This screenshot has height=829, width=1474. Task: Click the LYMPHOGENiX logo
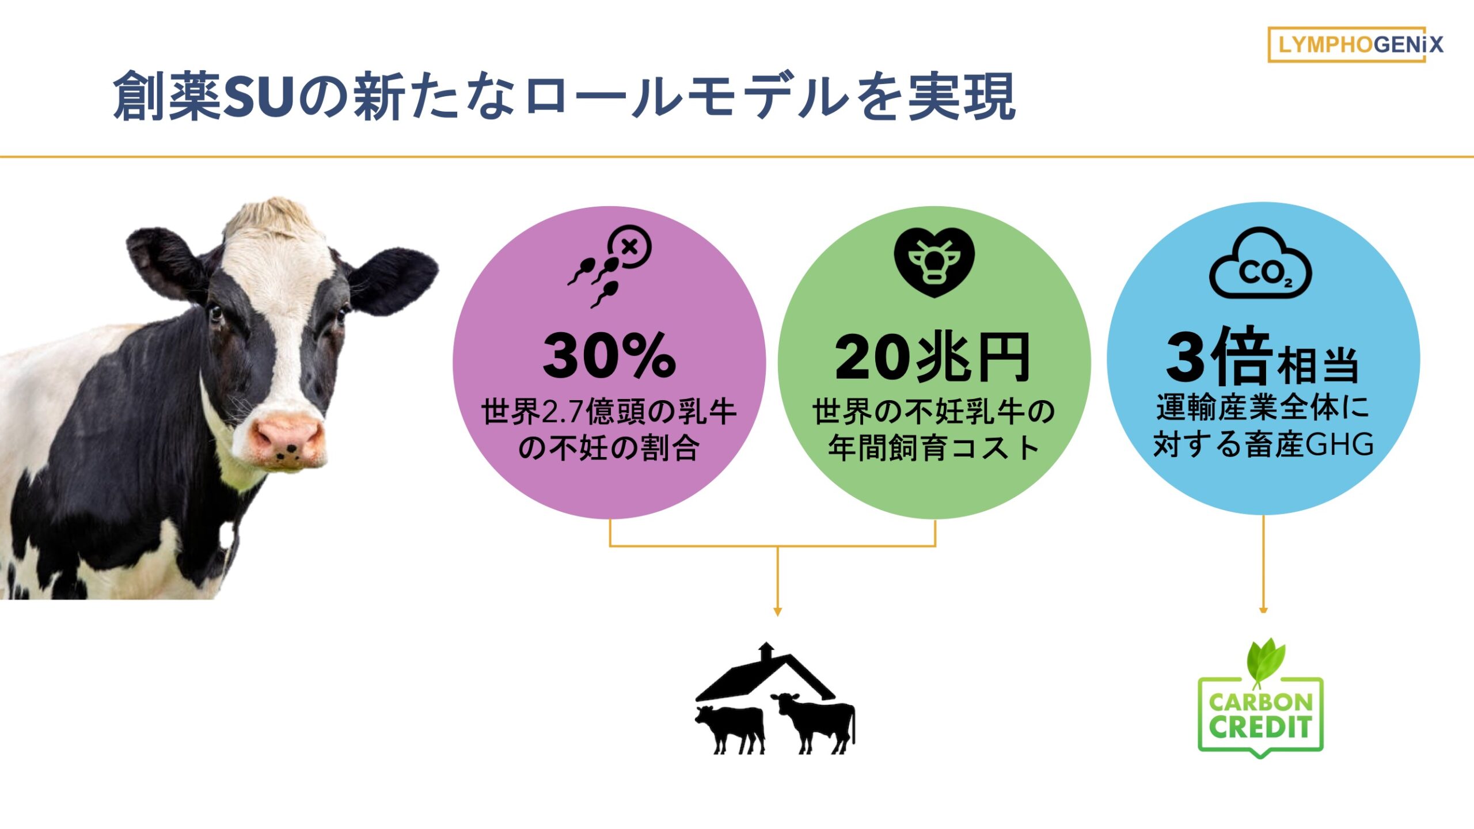(x=1355, y=44)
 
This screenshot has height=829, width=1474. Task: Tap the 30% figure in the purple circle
(x=609, y=356)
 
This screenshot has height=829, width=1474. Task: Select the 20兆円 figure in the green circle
(x=933, y=358)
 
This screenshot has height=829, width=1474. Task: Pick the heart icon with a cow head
(x=934, y=262)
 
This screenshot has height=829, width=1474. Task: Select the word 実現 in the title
(x=962, y=96)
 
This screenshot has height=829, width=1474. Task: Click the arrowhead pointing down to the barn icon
(x=777, y=612)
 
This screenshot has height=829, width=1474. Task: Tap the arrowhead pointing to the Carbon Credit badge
(x=1263, y=610)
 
